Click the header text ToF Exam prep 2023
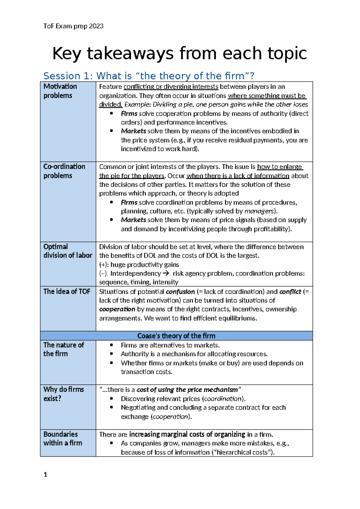pos(73,26)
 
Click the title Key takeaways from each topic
pos(179,53)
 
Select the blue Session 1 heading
pos(149,76)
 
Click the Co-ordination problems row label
pos(64,171)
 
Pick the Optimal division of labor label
pos(67,251)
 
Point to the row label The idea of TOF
pos(67,291)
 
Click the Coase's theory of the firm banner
pos(176,336)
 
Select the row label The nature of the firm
pos(64,349)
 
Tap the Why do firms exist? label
pos(64,394)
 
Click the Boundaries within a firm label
pos(62,438)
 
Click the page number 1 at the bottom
pos(45,474)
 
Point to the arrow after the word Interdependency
pos(166,273)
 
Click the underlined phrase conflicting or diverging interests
pos(171,87)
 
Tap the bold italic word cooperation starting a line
pos(117,309)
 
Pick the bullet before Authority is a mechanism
pos(111,354)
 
